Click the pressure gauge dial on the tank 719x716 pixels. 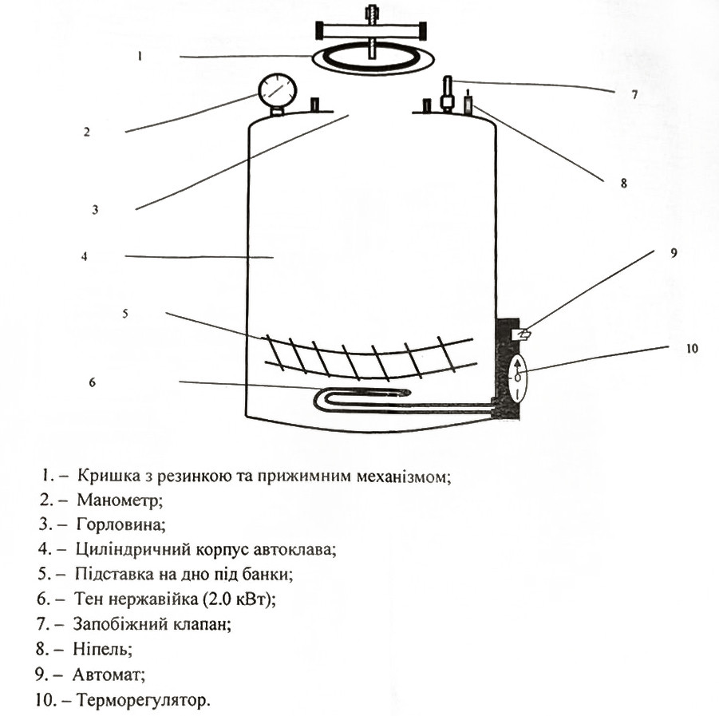coord(278,91)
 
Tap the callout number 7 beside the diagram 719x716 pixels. coord(634,94)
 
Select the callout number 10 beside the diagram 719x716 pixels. coord(692,349)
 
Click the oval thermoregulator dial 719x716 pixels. coord(517,379)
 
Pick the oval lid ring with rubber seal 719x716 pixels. coord(373,59)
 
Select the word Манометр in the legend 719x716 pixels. coord(120,500)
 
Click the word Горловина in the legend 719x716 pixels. coord(121,524)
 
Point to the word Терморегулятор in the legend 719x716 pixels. coord(143,700)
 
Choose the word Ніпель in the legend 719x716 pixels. coord(103,649)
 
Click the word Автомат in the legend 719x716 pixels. coord(109,674)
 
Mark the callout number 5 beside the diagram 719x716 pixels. coord(125,314)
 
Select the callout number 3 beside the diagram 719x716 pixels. coord(95,210)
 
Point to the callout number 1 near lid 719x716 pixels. coord(140,57)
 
